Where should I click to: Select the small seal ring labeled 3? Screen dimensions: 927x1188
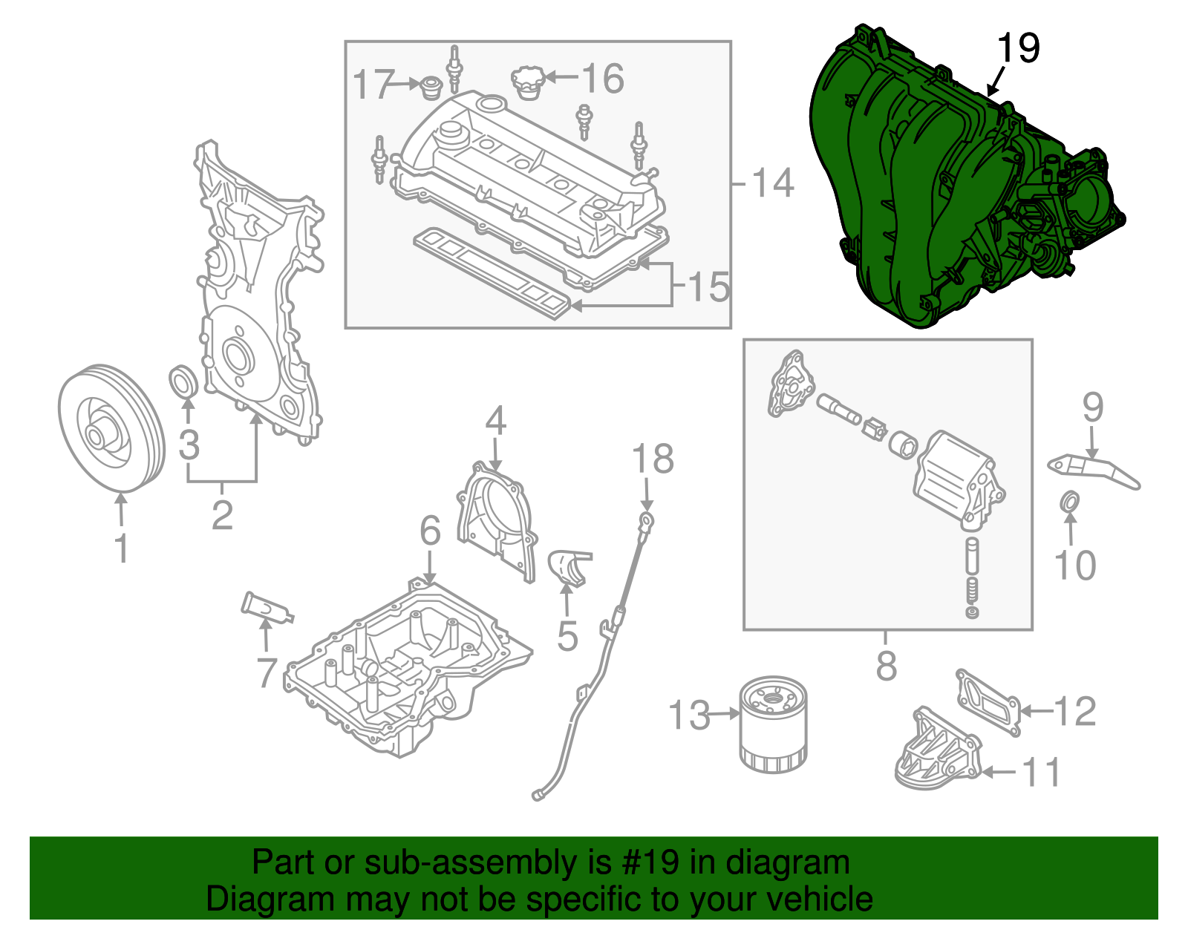pos(184,381)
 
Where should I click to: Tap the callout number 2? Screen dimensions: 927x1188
pos(222,514)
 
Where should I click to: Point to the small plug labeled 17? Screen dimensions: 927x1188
pos(430,88)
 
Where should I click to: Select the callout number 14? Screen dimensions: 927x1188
pos(773,183)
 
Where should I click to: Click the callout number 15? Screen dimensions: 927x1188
pos(709,286)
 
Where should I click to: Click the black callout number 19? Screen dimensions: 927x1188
pos(1018,48)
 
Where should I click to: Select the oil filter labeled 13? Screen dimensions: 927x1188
pos(773,724)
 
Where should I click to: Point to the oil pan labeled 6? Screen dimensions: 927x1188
pos(408,668)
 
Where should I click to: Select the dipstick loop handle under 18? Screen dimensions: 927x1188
pos(647,521)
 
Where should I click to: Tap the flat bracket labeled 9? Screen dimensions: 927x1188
pos(1091,471)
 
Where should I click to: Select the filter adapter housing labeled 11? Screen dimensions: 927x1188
pos(937,753)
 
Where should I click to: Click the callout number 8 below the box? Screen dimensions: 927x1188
pos(887,666)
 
